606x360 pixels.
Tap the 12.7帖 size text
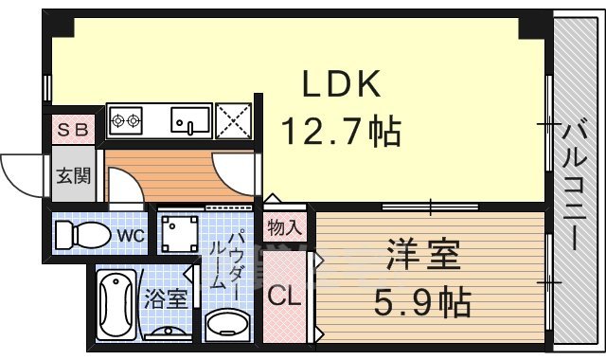pos(339,131)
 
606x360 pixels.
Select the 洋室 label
pos(423,255)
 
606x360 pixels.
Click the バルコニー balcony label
pos(575,184)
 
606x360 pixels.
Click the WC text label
pos(130,235)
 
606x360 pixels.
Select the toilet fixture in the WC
pos(80,234)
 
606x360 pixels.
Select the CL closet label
pos(285,296)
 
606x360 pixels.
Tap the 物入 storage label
pos(285,228)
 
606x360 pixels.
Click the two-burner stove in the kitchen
pos(126,119)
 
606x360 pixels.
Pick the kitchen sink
pos(190,119)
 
